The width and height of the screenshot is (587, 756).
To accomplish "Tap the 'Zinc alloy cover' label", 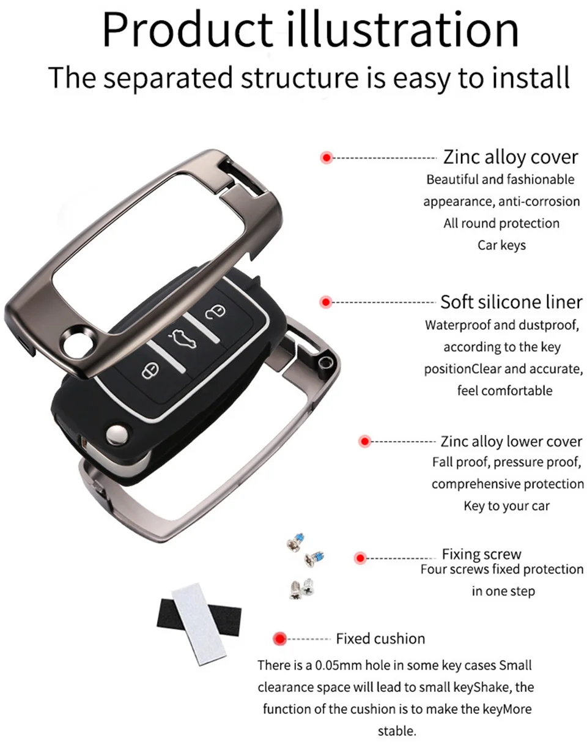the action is coord(511,157).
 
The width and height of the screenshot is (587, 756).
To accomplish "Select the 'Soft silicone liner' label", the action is coord(511,302).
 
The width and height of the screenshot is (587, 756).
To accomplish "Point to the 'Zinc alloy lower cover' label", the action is coord(511,441).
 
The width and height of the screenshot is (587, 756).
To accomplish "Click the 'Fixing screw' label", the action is coord(481,554).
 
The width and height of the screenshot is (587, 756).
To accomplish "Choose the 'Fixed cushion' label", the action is coord(380,639).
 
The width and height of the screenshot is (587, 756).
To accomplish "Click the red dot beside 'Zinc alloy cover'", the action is coord(327,158).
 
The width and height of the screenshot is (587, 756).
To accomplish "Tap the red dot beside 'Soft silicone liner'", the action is coord(326,302).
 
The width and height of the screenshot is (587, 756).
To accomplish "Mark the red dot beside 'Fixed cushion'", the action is coord(280,639).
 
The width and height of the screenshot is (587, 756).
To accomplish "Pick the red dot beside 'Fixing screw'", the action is coord(360,558).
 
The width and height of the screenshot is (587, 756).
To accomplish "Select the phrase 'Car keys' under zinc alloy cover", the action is coord(501,245).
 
